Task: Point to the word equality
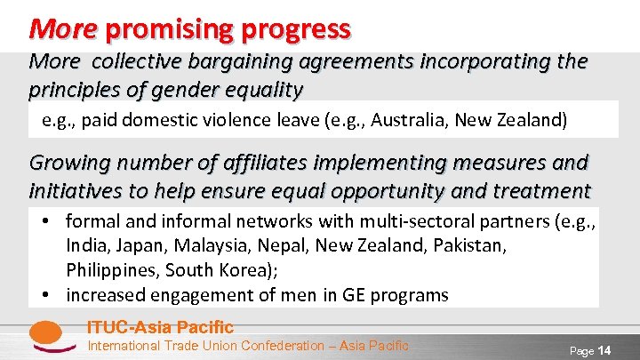point(266,91)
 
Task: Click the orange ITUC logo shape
point(45,336)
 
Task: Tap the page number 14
point(604,351)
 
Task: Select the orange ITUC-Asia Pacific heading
point(160,327)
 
